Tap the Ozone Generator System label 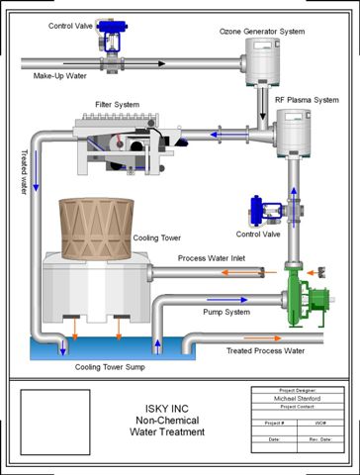261,33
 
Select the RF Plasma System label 306,99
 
